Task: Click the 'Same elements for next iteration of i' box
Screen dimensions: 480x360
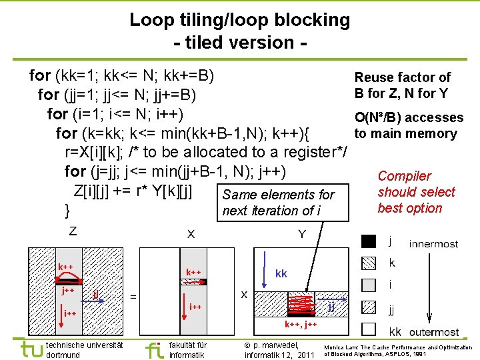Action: pos(279,203)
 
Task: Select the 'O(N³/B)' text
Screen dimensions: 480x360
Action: pos(378,118)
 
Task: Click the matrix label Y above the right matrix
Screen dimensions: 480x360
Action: pos(302,234)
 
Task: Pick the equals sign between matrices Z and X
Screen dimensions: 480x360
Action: pos(133,297)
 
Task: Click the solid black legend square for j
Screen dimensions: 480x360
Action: pos(368,242)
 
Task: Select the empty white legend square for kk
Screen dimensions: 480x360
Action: pos(368,329)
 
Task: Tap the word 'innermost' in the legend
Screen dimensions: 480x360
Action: pos(434,244)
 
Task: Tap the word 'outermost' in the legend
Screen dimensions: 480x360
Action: pos(434,331)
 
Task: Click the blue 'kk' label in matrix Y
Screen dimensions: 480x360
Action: pos(281,274)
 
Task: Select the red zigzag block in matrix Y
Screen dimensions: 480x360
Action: pos(302,305)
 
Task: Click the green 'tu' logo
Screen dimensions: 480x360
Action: pos(31,349)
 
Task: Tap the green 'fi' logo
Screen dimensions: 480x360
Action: pos(153,349)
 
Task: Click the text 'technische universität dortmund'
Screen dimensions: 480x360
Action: pos(83,349)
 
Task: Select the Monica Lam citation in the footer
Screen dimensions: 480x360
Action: pos(398,350)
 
